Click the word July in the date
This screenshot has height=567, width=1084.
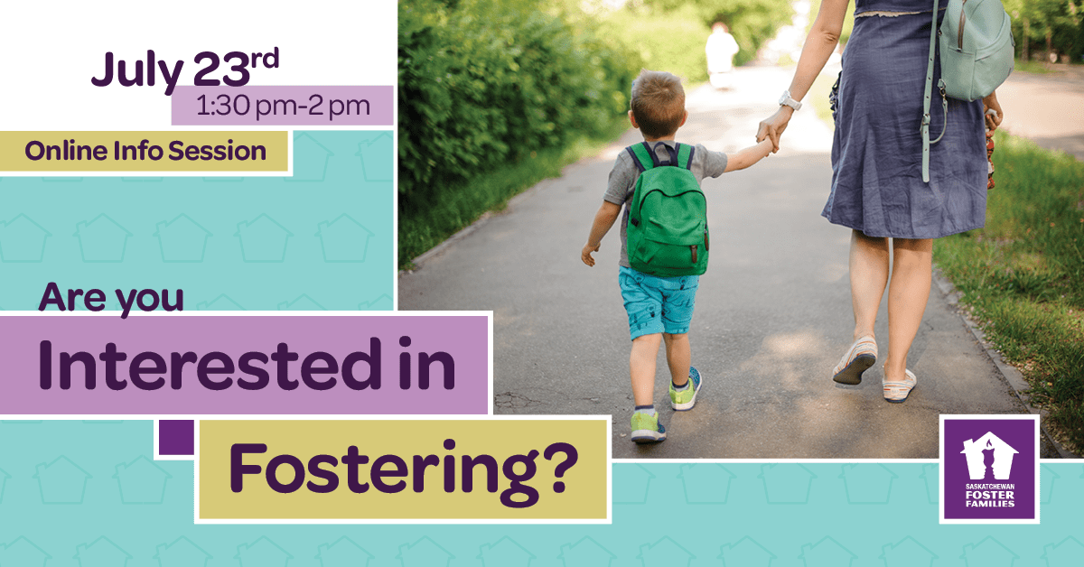coord(137,71)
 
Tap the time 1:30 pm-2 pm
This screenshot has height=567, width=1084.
coord(283,106)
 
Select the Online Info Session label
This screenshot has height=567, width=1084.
coord(145,151)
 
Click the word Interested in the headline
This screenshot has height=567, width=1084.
coord(210,366)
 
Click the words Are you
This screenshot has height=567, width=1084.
coord(111,299)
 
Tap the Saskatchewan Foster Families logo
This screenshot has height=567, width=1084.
coord(990,469)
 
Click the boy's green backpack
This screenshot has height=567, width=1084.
coord(667,210)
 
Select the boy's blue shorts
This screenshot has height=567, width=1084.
coord(659,301)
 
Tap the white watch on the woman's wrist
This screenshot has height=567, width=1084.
coord(789,100)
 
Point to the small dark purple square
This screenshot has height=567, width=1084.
coord(177,437)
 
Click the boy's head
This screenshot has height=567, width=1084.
coord(659,104)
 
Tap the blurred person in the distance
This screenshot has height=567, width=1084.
coord(721,56)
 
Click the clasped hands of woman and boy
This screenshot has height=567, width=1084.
coord(770,135)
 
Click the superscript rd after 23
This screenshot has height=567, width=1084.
coord(265,58)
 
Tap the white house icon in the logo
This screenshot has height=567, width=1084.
coord(989,456)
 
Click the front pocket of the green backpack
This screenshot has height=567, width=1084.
coord(668,249)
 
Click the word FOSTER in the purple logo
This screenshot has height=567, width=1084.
coord(990,496)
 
